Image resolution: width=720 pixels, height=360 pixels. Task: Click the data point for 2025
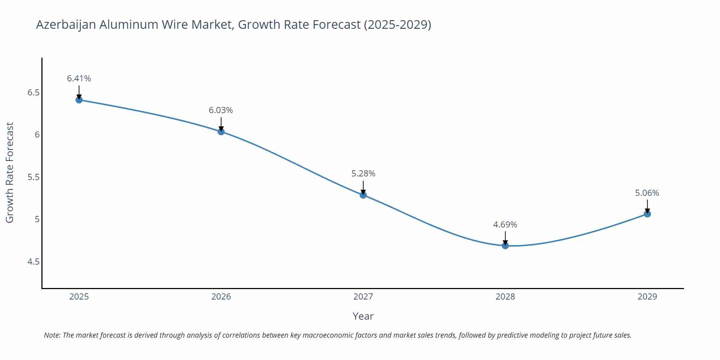point(79,100)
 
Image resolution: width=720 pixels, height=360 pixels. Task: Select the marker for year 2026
point(221,132)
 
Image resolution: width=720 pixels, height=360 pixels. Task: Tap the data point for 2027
point(363,195)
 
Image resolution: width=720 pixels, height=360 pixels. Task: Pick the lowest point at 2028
point(505,246)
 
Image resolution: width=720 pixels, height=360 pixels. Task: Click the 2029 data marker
point(647,214)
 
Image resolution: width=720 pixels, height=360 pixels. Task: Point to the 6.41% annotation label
point(79,78)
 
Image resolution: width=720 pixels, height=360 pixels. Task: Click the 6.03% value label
point(221,110)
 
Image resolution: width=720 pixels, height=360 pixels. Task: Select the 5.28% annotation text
point(363,174)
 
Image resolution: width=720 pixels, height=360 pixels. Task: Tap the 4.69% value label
point(505,225)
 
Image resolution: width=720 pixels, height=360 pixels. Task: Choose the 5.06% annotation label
point(647,193)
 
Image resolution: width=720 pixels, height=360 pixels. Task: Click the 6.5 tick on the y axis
point(33,93)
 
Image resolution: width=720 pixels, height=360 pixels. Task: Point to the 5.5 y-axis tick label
point(33,177)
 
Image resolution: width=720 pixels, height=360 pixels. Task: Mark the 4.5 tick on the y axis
point(33,262)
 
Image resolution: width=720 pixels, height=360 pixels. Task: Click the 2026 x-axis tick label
point(221,297)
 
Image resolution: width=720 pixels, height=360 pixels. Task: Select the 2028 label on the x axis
point(505,297)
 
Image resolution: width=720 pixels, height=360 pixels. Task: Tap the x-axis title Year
point(363,316)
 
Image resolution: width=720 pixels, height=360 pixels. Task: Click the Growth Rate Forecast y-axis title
point(10,172)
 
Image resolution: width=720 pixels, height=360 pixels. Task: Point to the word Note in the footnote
point(52,335)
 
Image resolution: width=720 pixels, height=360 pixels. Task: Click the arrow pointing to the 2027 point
point(363,187)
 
